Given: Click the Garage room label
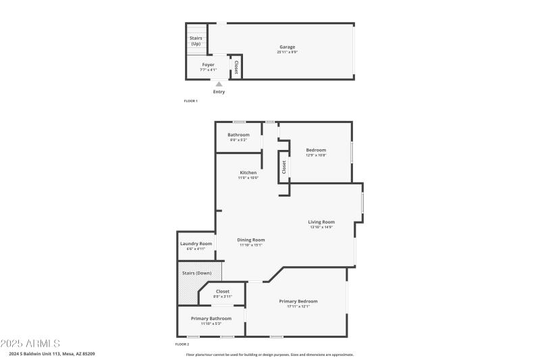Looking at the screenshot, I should pos(287,47).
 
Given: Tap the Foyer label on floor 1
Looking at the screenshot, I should pos(208,65).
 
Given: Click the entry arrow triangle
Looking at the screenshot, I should pos(219,84).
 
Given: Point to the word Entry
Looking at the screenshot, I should pos(219,92).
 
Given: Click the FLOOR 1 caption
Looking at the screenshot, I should pos(190,101).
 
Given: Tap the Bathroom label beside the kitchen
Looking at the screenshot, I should pos(238,134).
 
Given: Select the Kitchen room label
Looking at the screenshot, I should pos(248,172).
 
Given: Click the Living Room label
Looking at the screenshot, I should pos(321,222).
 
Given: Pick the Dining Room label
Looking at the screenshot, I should pos(250,240).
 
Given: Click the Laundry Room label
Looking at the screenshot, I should pos(196,243).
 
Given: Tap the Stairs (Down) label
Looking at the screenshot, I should pos(197,273).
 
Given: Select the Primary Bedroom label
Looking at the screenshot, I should pos(298,301).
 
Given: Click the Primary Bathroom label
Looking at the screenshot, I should pos(211,318).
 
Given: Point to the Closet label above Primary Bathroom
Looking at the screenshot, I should pos(223,291).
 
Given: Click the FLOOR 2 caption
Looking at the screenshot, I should pos(182,344).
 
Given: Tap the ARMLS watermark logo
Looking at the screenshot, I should pos(30,344).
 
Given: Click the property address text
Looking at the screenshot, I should pos(52,354).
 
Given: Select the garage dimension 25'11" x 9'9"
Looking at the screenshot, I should pos(287,52).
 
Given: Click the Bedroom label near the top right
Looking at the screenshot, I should pos(316,150).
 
